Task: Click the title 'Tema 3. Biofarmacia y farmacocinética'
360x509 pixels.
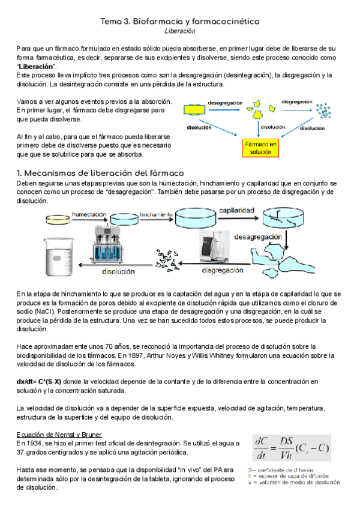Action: (x=180, y=21)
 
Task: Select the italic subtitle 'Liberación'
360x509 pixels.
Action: (x=180, y=30)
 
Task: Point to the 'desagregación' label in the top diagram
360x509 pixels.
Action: (x=225, y=103)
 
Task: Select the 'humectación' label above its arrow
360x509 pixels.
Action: (x=89, y=214)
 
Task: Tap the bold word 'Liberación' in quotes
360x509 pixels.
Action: (x=36, y=66)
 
